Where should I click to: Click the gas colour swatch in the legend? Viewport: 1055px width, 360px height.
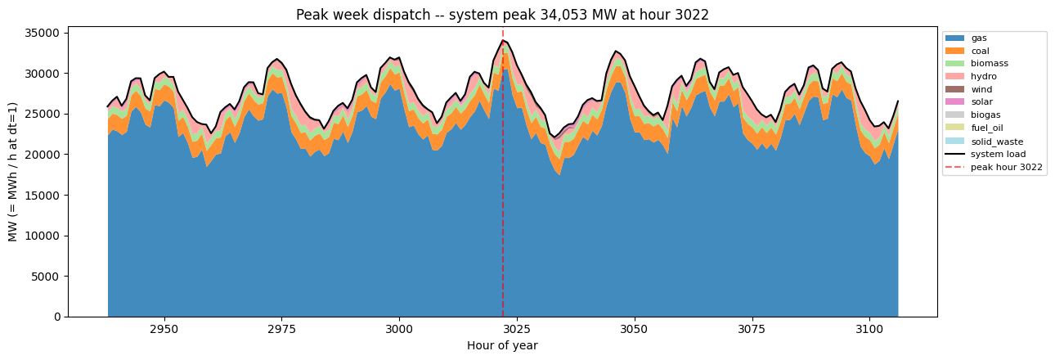[954, 38]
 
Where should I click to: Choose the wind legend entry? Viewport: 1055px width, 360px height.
[969, 89]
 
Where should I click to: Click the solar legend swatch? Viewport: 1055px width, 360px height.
[954, 101]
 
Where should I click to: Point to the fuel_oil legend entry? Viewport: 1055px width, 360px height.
[975, 128]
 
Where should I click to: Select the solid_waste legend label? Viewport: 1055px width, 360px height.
[997, 142]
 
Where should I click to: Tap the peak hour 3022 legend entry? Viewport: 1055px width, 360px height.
[994, 167]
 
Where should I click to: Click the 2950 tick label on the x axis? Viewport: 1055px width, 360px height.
[164, 329]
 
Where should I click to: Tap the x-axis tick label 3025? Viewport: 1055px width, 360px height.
[517, 329]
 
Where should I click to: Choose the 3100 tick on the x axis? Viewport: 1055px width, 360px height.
[869, 329]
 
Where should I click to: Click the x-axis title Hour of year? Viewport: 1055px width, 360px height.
[502, 345]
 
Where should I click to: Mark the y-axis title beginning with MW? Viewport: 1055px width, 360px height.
[13, 172]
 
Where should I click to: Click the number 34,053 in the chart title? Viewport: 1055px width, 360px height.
[559, 15]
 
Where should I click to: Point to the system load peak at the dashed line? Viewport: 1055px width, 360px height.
[503, 41]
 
